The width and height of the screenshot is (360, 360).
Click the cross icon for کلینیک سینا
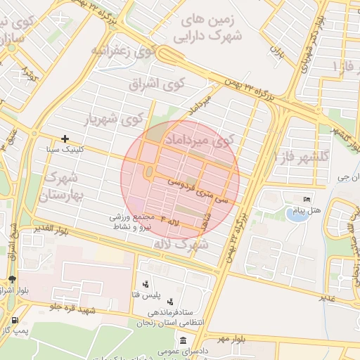(x=65, y=139)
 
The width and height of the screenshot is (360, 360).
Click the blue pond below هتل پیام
(x=297, y=215)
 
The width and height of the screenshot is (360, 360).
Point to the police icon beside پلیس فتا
(x=145, y=285)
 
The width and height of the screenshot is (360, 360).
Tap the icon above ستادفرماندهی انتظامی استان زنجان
(x=170, y=302)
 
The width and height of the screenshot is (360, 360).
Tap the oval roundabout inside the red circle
(x=148, y=172)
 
